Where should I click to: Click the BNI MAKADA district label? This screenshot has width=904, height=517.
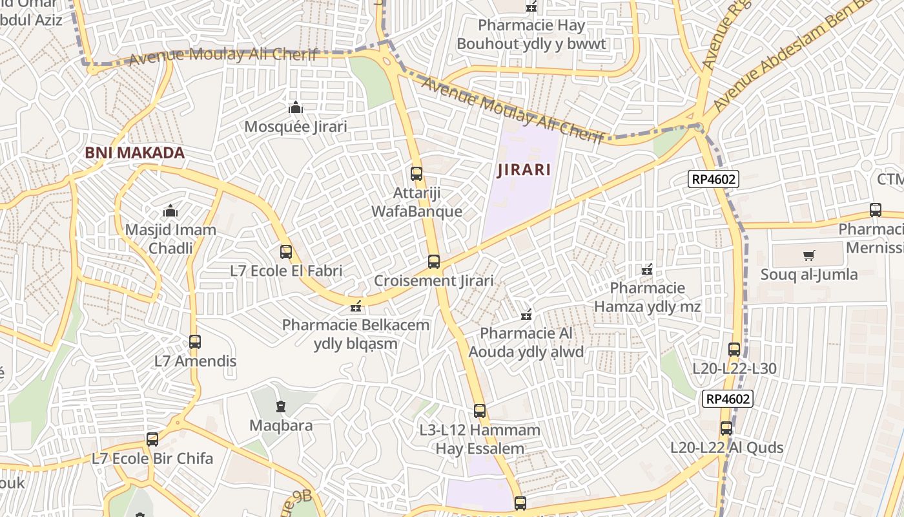click(135, 153)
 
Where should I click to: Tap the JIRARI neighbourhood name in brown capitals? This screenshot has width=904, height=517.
click(524, 170)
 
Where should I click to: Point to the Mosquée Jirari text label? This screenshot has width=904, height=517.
click(295, 126)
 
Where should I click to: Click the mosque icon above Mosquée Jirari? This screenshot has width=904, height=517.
click(296, 107)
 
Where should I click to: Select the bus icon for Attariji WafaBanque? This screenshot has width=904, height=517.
click(416, 173)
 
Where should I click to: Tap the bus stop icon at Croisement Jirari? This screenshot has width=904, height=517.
click(434, 262)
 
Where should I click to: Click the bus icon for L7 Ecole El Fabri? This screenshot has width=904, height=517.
click(286, 252)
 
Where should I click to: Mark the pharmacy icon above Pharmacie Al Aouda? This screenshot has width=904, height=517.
click(526, 315)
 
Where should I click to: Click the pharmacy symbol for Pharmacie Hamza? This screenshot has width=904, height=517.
click(647, 269)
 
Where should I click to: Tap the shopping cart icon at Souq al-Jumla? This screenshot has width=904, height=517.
click(809, 255)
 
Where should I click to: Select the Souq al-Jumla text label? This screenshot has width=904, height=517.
click(809, 274)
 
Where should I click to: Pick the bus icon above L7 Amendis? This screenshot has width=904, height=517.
click(195, 341)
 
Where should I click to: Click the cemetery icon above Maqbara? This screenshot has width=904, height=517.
click(281, 406)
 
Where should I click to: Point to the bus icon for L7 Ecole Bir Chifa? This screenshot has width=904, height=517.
click(152, 439)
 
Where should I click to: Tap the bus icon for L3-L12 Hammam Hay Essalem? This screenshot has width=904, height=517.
click(479, 410)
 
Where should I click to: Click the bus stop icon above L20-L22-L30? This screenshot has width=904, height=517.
click(734, 350)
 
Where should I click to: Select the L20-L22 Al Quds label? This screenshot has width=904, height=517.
click(726, 447)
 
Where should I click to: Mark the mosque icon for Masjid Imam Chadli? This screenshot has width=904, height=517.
click(170, 211)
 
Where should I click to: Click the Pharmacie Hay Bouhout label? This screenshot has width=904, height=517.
click(531, 34)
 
